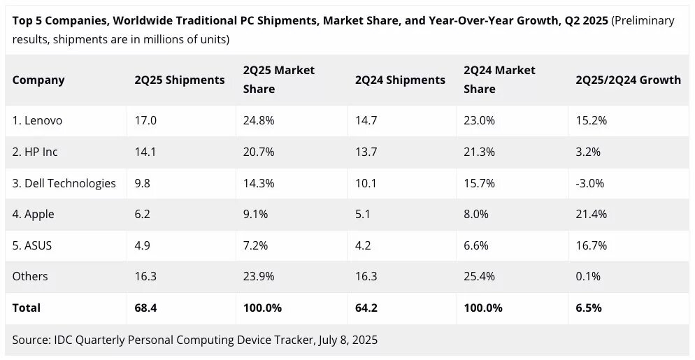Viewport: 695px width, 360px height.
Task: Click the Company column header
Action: tap(38, 80)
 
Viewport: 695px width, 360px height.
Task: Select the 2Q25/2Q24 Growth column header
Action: tap(628, 80)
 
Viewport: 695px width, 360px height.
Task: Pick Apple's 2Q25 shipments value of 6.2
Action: tap(143, 215)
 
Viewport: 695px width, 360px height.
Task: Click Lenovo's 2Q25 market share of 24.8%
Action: tap(259, 120)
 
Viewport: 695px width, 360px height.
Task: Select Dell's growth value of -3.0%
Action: tap(590, 183)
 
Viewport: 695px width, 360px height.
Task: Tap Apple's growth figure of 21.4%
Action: tap(591, 215)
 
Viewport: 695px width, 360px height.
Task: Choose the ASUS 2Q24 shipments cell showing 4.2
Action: tap(364, 245)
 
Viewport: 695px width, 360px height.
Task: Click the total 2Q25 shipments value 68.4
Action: tap(147, 308)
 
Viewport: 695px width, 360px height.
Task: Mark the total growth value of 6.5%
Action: tap(588, 308)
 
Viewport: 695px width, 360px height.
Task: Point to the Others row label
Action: tap(30, 276)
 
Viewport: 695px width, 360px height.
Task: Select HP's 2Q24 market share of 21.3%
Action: tap(479, 152)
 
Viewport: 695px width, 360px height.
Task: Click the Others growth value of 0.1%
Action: tap(588, 276)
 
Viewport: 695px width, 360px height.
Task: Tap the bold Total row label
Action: tap(27, 308)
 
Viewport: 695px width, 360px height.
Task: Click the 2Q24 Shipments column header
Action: tap(400, 80)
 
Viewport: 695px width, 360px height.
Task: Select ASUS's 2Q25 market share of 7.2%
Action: tap(255, 245)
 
